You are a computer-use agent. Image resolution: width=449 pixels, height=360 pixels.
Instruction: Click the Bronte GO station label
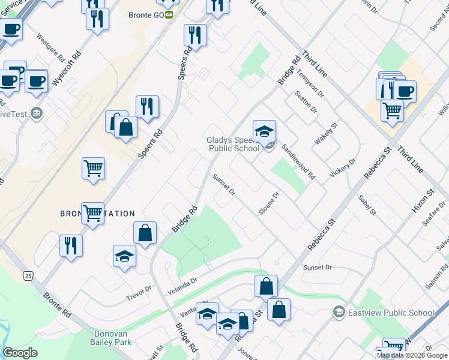(146, 14)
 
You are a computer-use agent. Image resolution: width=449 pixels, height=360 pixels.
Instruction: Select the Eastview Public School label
(391, 313)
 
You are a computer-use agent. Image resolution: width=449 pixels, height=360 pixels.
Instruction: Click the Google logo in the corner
(20, 353)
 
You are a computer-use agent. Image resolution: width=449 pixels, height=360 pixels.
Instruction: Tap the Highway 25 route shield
(28, 275)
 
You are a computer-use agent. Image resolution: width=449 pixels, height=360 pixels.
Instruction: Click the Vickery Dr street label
(343, 168)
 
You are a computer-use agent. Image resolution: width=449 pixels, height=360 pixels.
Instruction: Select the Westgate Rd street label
(50, 47)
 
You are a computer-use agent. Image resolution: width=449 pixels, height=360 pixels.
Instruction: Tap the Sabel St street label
(366, 205)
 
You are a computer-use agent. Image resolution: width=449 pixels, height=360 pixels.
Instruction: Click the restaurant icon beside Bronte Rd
(71, 246)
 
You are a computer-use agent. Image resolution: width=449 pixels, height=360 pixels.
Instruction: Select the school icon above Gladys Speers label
(264, 130)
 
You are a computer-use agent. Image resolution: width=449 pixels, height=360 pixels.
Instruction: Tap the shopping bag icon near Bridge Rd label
(145, 233)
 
